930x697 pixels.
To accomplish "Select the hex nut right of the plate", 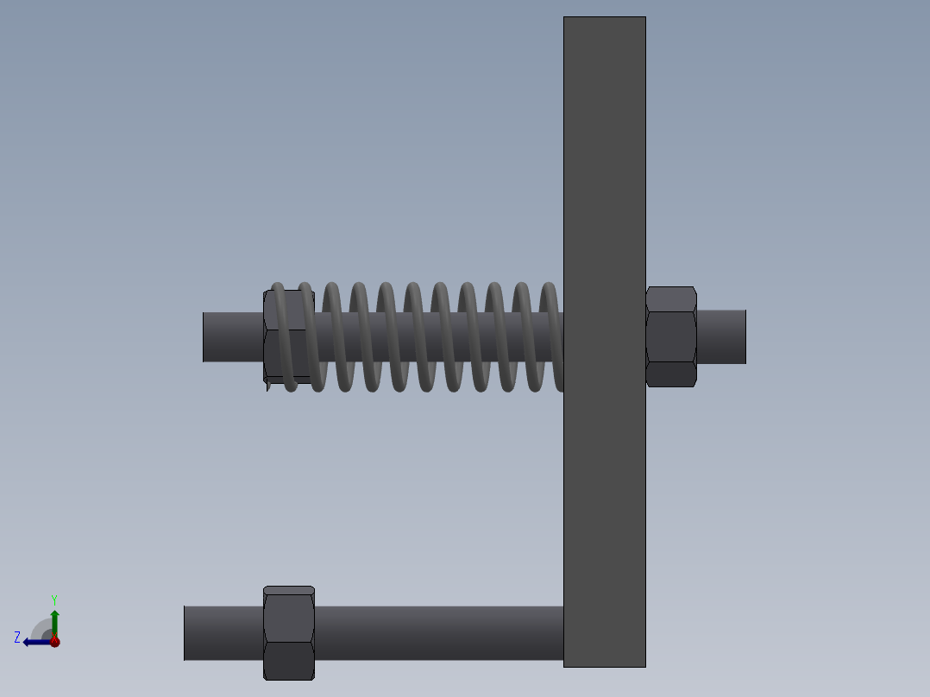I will [x=671, y=336].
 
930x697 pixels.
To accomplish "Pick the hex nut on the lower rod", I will [x=288, y=632].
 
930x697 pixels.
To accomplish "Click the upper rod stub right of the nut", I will [x=721, y=336].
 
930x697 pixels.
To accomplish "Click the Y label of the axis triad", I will [x=53, y=599].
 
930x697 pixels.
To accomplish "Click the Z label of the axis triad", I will [x=17, y=637].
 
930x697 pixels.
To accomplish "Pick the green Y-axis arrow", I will [x=54, y=621].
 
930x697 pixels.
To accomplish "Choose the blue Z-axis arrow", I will [x=35, y=642].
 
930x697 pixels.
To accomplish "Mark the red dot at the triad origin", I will [x=54, y=641].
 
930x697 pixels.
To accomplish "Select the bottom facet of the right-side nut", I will [x=671, y=374].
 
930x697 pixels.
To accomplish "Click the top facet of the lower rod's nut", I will [x=288, y=591].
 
